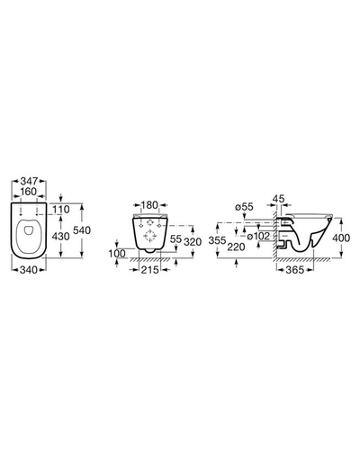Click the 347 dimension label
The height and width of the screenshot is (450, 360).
coord(29,181)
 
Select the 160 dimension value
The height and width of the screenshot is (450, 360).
coord(29,192)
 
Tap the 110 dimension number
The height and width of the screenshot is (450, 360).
coord(61,209)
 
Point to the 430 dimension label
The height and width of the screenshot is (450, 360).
coord(61,237)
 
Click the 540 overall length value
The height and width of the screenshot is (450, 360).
coord(82,230)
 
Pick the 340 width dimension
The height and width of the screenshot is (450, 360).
coord(29,270)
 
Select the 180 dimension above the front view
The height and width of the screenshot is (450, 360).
coord(149,205)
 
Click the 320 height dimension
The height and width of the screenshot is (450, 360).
coord(193,242)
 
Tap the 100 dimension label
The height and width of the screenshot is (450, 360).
coord(117,254)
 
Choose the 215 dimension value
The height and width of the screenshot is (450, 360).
coord(149,270)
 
